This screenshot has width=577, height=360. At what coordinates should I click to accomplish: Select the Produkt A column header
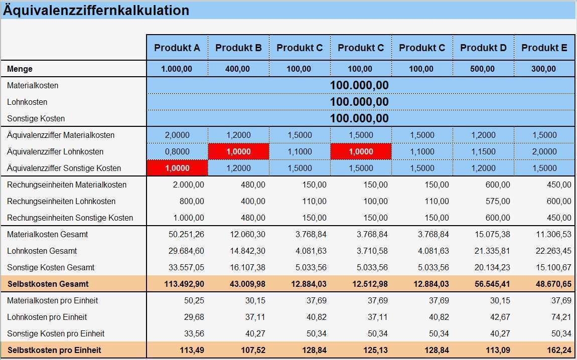coord(177,48)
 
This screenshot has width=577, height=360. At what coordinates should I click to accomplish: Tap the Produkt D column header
coord(483,48)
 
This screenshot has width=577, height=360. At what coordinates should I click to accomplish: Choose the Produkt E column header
coord(544,48)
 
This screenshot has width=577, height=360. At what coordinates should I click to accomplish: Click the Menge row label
coord(20,69)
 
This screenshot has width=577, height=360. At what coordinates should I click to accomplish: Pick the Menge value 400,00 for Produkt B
coord(238,69)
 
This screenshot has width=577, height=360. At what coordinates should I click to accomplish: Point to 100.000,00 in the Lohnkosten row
coord(359,102)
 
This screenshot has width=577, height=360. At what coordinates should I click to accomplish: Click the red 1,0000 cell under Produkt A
coord(177,168)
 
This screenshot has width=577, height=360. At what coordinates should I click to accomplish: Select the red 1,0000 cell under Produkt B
coord(238,151)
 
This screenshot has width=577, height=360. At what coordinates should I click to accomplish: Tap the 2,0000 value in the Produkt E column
coord(544,151)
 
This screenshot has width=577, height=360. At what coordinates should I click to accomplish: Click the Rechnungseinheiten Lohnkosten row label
coord(61,201)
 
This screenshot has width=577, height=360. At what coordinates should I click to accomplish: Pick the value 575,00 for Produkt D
coord(498,201)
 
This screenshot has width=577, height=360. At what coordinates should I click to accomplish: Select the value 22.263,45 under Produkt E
coord(553,251)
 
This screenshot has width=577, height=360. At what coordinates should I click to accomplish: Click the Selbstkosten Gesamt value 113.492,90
coord(184,284)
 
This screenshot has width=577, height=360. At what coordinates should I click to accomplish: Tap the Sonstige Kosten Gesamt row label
coord(51,267)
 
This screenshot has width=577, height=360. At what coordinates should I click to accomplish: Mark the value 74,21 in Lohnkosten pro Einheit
coord(560,317)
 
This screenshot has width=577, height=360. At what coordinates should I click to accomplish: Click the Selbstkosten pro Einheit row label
coord(54,350)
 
